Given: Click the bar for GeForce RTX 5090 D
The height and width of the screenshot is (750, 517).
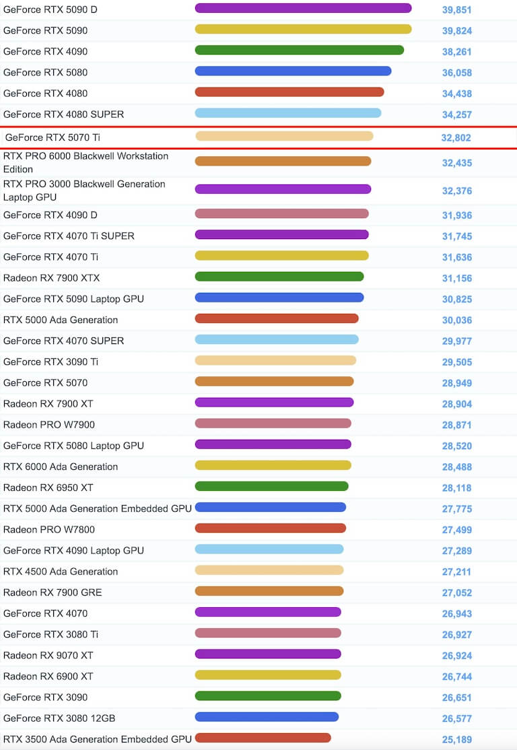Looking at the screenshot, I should click(303, 8).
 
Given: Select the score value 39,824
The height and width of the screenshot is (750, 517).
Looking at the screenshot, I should click(457, 31).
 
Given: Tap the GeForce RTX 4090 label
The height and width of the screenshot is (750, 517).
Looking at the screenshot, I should click(45, 52).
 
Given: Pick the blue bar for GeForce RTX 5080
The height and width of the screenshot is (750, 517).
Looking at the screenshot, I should click(293, 71).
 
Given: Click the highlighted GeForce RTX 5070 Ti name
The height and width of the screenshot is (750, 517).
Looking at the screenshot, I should click(53, 137).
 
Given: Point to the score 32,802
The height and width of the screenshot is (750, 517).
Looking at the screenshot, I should click(456, 138).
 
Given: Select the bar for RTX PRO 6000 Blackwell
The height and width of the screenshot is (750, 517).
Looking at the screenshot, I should click(283, 161).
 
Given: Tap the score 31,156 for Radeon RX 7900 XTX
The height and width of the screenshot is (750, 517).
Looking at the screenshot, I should click(457, 279).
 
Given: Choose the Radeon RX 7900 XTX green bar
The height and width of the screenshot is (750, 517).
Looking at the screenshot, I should click(279, 276).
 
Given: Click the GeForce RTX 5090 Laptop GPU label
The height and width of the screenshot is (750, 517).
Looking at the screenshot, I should click(73, 299).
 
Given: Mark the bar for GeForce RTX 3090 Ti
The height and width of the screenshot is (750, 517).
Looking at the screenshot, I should click(275, 360).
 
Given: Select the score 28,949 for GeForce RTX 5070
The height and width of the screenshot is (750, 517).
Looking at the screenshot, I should click(457, 384).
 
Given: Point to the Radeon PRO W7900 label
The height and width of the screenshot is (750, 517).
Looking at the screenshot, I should click(49, 425).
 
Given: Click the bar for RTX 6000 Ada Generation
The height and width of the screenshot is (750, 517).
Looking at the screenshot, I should click(273, 465).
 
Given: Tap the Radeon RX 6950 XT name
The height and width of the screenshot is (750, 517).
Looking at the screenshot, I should click(48, 487).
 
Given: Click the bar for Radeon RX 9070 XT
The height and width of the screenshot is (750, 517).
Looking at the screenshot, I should click(268, 654).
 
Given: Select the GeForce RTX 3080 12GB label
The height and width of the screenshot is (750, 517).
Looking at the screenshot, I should click(59, 718).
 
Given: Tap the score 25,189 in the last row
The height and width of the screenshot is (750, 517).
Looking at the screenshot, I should click(457, 740).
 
